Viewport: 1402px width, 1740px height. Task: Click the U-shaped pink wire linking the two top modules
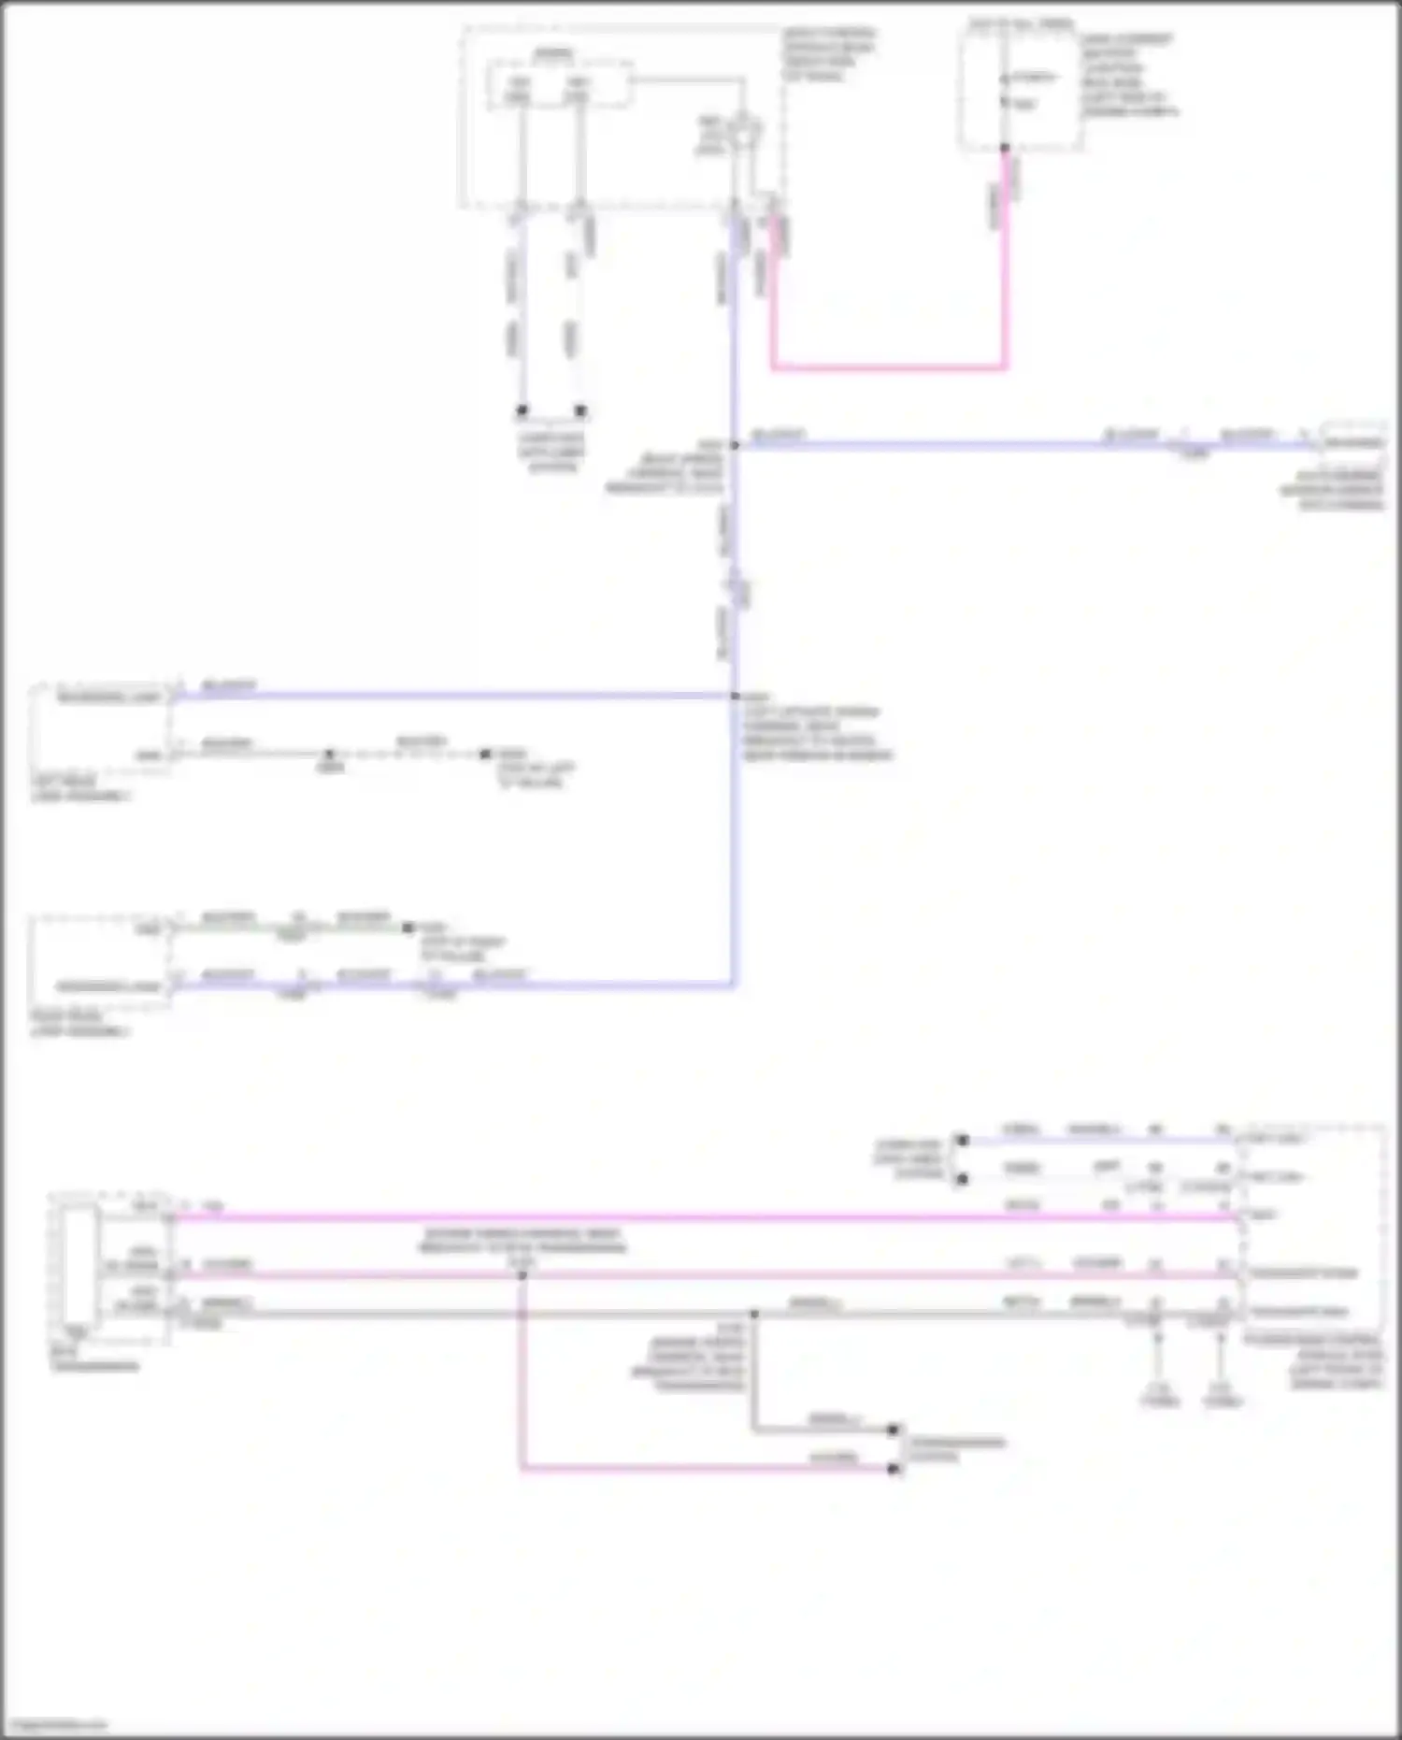tap(888, 367)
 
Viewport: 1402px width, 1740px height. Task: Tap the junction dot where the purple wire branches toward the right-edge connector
tap(735, 445)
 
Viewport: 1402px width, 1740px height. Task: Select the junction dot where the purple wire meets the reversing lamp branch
tap(735, 697)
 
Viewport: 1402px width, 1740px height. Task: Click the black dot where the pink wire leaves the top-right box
tap(1006, 149)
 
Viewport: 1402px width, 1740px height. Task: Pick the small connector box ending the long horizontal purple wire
tap(1352, 441)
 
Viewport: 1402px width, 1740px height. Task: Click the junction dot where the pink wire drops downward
tap(522, 1275)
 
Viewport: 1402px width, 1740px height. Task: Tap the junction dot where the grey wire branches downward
tap(754, 1314)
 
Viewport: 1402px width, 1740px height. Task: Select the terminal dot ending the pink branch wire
tap(894, 1470)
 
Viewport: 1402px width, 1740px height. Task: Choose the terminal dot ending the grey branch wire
tap(894, 1430)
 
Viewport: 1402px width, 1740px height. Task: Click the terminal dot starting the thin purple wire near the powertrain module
tap(963, 1141)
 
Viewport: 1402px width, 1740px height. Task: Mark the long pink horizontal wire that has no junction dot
tap(701, 1217)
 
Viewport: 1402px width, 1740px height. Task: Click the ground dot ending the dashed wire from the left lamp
tap(485, 754)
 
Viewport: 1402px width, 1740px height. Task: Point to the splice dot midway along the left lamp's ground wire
tap(329, 754)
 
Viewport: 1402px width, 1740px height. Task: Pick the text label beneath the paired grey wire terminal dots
tap(551, 453)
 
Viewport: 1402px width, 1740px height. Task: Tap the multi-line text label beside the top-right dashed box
tap(1128, 76)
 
